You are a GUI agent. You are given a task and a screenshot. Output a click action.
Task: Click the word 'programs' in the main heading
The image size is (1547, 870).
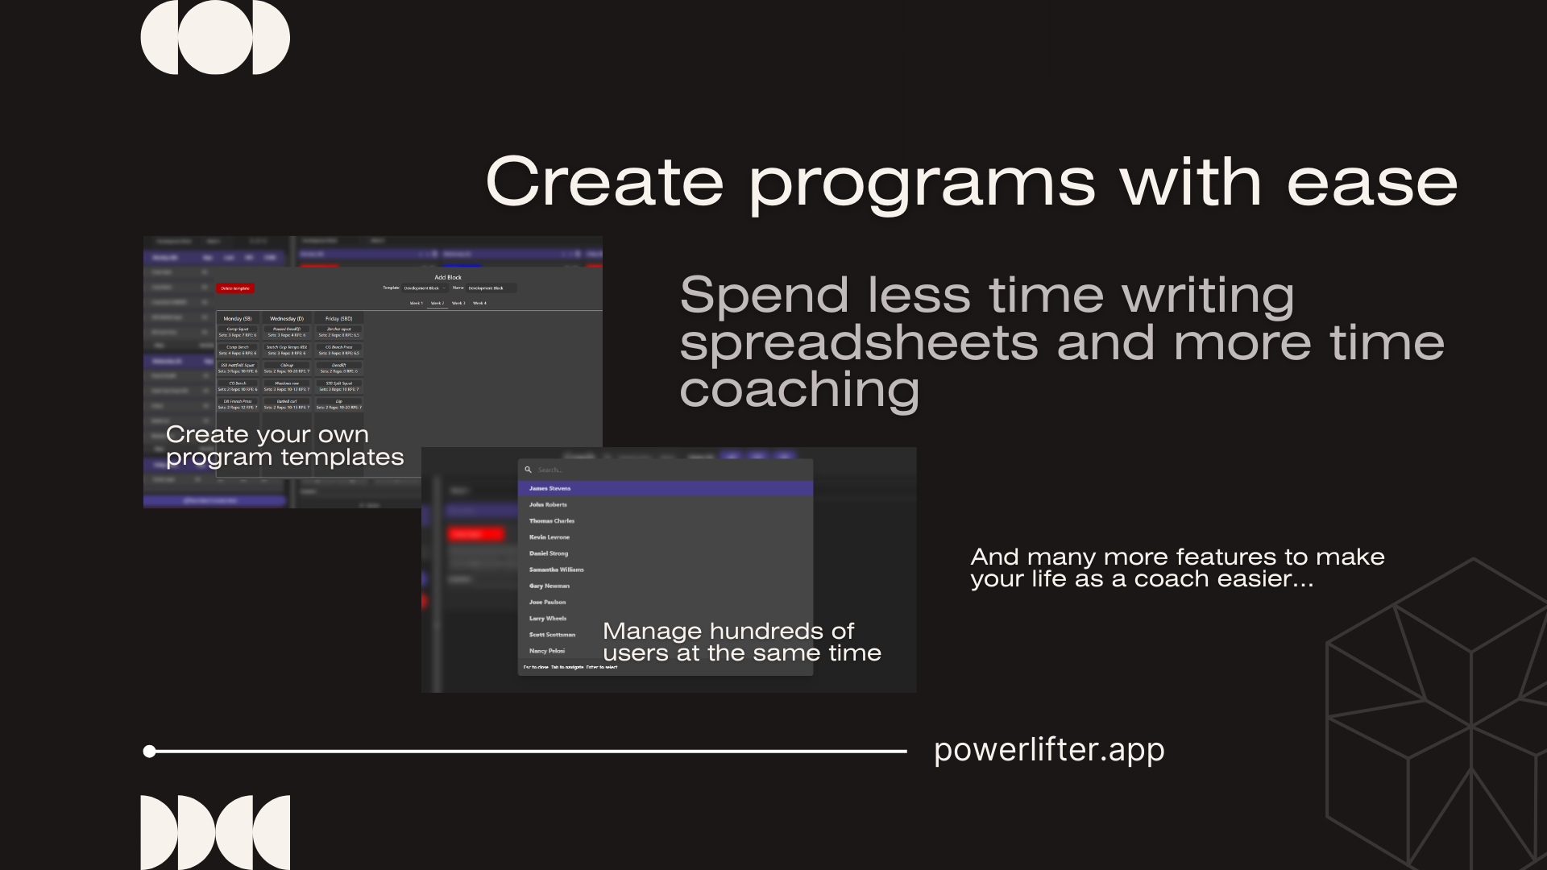[923, 184]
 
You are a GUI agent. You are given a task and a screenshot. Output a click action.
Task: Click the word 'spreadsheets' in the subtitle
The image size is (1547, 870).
[859, 343]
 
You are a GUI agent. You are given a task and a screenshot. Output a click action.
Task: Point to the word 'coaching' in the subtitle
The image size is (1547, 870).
[799, 390]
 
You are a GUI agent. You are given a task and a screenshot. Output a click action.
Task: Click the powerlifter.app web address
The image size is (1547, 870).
[1049, 750]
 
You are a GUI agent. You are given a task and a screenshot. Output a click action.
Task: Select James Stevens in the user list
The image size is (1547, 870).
[550, 488]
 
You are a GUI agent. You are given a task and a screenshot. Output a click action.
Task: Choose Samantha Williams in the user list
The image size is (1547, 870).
[556, 570]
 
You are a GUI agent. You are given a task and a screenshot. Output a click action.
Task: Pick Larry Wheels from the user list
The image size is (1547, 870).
[547, 619]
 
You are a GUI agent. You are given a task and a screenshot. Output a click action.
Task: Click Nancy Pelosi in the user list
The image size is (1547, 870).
[546, 651]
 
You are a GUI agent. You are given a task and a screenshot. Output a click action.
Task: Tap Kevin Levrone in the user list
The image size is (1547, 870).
[549, 537]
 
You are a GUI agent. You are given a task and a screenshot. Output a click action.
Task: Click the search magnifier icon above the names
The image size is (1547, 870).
[529, 470]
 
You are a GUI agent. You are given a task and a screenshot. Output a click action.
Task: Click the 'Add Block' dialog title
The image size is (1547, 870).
[448, 277]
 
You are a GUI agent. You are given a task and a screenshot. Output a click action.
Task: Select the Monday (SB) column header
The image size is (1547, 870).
[237, 319]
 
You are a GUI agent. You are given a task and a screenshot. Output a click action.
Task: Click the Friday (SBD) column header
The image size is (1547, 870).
[338, 319]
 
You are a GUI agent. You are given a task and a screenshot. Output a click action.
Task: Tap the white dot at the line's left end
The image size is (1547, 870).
[149, 752]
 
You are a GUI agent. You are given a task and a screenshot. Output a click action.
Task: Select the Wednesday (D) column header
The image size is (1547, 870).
[287, 319]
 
